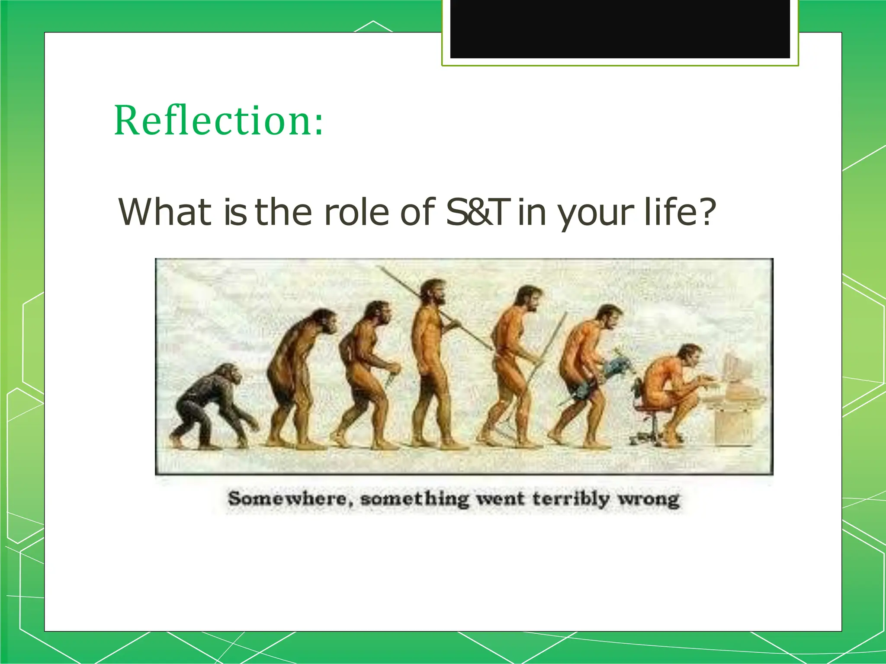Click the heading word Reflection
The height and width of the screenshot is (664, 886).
(212, 121)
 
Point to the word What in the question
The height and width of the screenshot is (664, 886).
(164, 212)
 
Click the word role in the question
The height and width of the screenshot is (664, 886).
(356, 212)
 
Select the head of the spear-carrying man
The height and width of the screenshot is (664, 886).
(434, 292)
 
